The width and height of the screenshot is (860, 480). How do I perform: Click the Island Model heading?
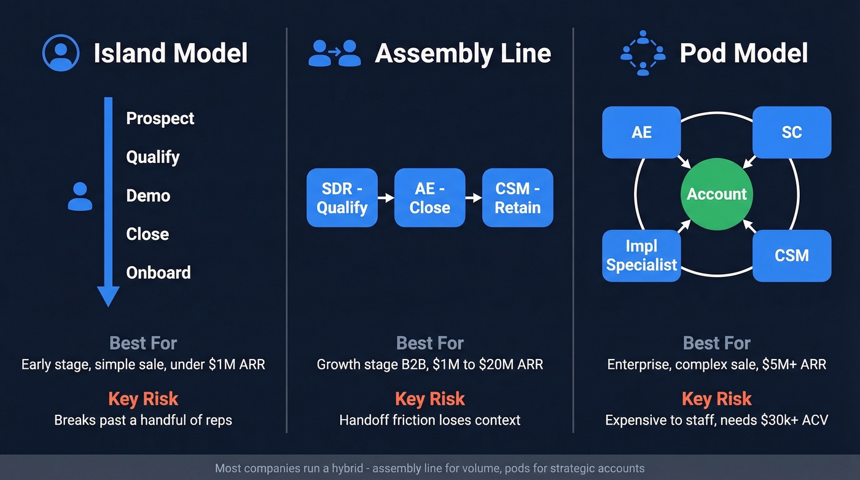coord(170,53)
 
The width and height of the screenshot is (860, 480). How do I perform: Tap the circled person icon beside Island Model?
coord(60,53)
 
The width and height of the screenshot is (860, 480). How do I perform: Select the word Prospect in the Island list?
coord(160,118)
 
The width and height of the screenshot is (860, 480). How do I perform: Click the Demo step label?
coord(148,195)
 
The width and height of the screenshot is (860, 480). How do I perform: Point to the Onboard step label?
coord(158,272)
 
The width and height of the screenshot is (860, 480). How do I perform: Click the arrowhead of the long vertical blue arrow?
coord(108,296)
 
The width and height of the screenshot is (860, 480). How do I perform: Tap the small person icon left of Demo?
coord(80,197)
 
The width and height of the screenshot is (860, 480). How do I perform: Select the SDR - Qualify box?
coord(342,198)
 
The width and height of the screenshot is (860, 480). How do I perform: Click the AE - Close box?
coord(429,198)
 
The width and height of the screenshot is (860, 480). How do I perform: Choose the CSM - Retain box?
coord(517,198)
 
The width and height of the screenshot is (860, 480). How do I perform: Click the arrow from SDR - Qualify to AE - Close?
coord(386,198)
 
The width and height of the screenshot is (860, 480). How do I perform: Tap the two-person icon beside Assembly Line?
coord(334,53)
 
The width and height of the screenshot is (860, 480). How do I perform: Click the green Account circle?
coord(716,194)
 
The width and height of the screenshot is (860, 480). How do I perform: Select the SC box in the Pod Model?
coord(791,132)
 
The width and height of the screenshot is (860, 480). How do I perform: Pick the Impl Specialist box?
coord(641,256)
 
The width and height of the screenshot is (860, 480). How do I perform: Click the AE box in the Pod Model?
coord(641,132)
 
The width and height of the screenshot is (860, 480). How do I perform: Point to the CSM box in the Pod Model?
coord(791,256)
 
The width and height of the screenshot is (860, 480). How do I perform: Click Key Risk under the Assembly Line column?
coord(429,398)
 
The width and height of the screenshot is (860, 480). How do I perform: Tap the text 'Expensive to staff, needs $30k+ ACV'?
coord(716,420)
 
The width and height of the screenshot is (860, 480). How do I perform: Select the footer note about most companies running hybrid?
coord(429,468)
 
